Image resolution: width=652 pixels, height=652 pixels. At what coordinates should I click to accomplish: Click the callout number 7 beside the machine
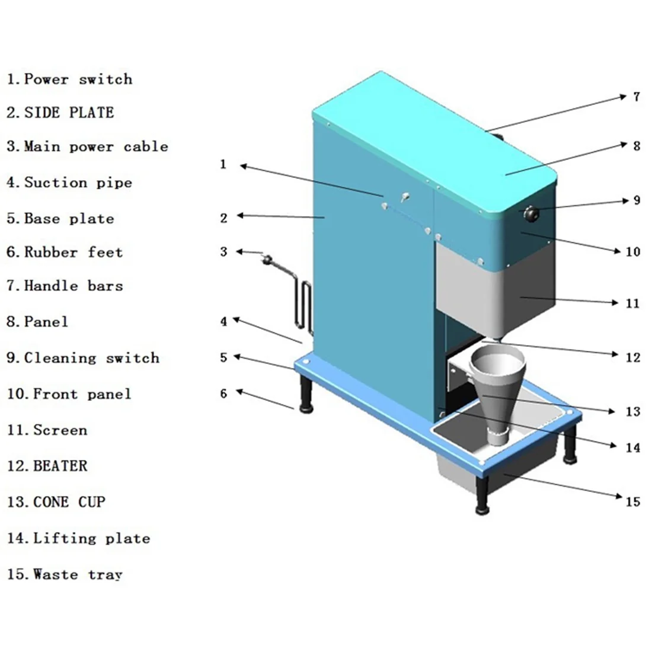coord(636,97)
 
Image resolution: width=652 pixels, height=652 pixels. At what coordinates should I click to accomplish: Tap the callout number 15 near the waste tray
coord(633,502)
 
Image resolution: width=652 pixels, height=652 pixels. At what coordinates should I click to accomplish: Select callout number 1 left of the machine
coord(223,164)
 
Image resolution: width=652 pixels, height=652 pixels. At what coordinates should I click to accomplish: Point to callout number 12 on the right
coord(633,357)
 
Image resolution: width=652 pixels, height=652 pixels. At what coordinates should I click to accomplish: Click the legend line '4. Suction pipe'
coord(69,183)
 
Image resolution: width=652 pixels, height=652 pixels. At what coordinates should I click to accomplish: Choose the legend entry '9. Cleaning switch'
coord(83,358)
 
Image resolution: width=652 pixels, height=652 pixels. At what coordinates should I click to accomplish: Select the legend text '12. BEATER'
coord(47,466)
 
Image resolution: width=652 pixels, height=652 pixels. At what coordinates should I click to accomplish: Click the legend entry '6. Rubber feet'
coord(65,253)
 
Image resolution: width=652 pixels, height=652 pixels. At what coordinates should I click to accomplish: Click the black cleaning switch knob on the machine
coord(531,213)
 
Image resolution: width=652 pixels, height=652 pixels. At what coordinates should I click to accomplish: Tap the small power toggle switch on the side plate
coord(405,197)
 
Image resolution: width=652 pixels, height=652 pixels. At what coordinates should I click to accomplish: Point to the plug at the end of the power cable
coord(267,259)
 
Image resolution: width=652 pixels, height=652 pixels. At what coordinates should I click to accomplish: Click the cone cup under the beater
coord(497,391)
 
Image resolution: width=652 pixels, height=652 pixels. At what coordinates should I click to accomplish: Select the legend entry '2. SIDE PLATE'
coord(60,113)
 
